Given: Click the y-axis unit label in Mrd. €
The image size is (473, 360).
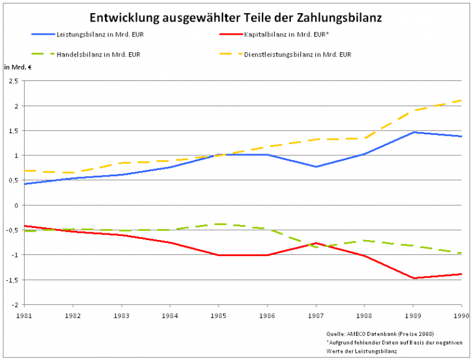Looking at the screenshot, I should tap(17, 67).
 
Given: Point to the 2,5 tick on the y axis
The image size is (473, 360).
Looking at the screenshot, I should tap(14, 81).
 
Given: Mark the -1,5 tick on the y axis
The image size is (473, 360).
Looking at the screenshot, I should tap(13, 280).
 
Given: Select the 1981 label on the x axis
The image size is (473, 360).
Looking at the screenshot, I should tap(24, 315).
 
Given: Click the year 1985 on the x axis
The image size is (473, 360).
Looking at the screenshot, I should tap(219, 315).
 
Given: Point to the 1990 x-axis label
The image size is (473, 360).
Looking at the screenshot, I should tap(460, 315).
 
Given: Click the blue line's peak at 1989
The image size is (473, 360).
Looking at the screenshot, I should tap(413, 132).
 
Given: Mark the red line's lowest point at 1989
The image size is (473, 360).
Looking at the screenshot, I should tap(413, 278).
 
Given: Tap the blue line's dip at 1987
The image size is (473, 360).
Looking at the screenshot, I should tap(316, 167).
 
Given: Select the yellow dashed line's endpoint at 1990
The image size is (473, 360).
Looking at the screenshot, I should tap(461, 100).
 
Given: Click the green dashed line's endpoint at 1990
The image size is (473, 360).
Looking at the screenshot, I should tap(461, 253).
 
